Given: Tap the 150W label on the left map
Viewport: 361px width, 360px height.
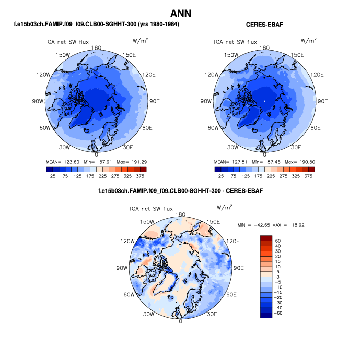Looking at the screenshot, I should pyautogui.click(x=64, y=55).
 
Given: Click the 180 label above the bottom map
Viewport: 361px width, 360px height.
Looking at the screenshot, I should pyautogui.click(x=181, y=214).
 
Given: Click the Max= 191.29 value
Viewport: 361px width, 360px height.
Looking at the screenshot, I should pyautogui.click(x=132, y=162).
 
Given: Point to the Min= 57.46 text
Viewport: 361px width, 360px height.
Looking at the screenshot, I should pyautogui.click(x=263, y=162).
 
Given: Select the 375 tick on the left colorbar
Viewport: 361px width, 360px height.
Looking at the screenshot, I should pyautogui.click(x=143, y=177).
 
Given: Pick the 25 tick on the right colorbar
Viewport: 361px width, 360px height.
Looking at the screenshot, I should pyautogui.click(x=221, y=177).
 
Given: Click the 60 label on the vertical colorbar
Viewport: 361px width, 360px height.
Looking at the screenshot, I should pyautogui.click(x=278, y=241).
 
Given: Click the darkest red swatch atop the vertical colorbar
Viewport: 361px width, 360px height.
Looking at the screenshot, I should pyautogui.click(x=266, y=237).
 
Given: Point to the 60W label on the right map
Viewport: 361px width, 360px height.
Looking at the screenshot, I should pyautogui.click(x=213, y=128).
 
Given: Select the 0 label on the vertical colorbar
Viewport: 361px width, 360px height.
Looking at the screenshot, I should pyautogui.click(x=276, y=277).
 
